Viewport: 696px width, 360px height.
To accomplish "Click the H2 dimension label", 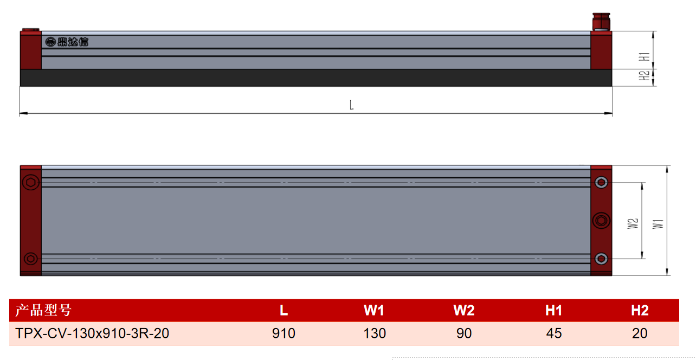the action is coord(645,75).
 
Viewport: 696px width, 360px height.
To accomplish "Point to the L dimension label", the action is coord(351,105).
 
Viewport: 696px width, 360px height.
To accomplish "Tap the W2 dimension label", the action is coord(633,223).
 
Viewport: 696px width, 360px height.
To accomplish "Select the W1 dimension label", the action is coord(658,224).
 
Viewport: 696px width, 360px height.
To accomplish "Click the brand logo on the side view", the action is coord(67,42).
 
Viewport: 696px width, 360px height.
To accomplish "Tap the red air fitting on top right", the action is coord(601,22).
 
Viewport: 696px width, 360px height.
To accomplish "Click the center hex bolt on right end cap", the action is coord(601,221).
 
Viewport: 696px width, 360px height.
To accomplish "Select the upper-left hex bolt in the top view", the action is coord(31,182).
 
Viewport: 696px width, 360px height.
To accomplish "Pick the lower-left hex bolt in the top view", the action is coord(31,259).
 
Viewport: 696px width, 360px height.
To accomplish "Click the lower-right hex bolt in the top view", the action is coord(601,259).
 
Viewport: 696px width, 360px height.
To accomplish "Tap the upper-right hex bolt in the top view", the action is coord(601,183).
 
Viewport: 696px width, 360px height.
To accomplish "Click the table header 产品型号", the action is coord(43,310).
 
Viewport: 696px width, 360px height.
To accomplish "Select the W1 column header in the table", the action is coord(374,310).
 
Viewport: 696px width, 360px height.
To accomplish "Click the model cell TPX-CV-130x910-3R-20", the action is coord(92,333).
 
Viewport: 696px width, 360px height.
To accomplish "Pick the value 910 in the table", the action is coord(283,333).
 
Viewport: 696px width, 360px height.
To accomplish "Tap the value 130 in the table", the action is coord(375,333).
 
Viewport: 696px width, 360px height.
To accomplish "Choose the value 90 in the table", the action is coord(464,333).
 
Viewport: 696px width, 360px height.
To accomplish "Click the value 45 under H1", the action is coord(553,333).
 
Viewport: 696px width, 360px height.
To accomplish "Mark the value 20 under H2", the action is coord(640,333).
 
